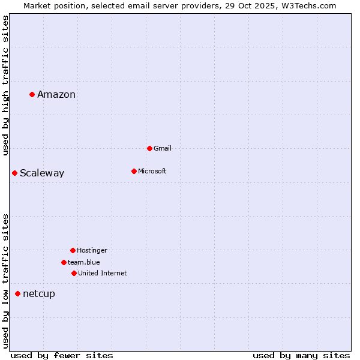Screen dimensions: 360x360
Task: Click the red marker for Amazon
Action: [32, 94]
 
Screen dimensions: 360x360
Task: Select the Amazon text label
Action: [56, 95]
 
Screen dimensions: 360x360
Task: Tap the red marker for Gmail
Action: [149, 148]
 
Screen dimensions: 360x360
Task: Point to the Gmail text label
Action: [163, 148]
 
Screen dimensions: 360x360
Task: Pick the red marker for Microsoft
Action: [134, 171]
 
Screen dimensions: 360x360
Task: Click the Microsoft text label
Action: [152, 171]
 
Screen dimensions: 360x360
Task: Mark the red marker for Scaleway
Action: [14, 173]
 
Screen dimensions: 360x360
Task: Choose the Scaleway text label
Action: [42, 173]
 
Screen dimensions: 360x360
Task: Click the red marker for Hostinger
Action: [73, 250]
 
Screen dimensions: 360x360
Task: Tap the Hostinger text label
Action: [92, 250]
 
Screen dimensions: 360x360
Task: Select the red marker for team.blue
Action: [64, 262]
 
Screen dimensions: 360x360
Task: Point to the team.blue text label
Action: [84, 262]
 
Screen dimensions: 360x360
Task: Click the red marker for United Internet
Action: [74, 273]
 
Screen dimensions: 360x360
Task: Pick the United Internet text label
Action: [103, 273]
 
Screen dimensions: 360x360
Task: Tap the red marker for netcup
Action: [17, 293]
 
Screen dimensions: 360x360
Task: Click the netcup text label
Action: [39, 294]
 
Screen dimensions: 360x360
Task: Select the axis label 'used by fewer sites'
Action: [62, 355]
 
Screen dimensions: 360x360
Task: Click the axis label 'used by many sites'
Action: [301, 355]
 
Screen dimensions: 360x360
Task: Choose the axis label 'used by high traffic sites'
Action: [6, 85]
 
